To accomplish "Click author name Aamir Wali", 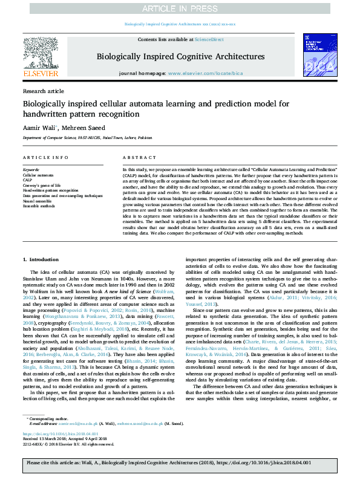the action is tap(38, 128).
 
